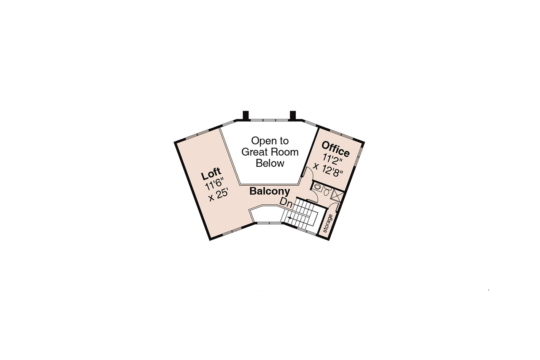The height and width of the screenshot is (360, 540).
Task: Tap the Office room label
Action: coord(335,149)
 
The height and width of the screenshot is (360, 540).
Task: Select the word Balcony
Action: coord(270,191)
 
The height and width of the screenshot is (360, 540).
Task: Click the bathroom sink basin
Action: coord(317,187)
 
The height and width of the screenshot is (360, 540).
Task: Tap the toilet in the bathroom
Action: coord(327,191)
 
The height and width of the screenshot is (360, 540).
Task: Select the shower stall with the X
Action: coord(337,195)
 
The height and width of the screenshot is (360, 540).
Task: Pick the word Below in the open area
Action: coord(270,163)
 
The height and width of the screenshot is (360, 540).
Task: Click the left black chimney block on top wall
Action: coord(246,115)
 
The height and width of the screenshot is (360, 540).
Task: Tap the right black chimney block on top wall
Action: coord(293,115)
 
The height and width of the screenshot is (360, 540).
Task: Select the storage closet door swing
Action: coord(333,207)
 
